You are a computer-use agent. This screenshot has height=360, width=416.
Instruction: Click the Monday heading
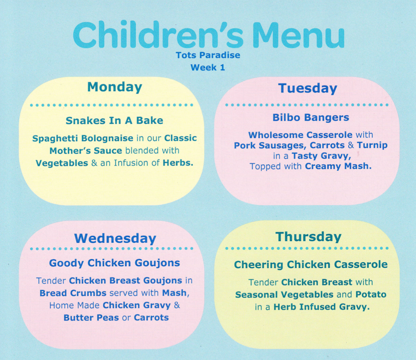tap(115, 87)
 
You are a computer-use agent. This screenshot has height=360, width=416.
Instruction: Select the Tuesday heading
tap(308, 88)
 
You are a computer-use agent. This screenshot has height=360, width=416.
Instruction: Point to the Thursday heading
tap(308, 237)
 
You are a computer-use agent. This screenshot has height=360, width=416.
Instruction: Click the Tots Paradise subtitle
tap(208, 55)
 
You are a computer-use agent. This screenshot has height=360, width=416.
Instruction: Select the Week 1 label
tap(208, 68)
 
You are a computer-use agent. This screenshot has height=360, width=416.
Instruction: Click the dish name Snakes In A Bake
tap(114, 121)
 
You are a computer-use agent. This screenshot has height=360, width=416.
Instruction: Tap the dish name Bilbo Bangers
tap(311, 117)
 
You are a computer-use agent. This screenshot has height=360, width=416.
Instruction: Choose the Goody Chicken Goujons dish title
tap(114, 263)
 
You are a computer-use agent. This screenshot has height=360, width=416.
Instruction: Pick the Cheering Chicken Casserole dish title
tap(311, 265)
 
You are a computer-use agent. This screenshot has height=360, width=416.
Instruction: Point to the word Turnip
tap(372, 145)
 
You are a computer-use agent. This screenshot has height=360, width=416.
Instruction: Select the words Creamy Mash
tap(338, 166)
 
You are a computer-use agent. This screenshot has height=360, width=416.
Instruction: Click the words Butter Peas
tap(91, 318)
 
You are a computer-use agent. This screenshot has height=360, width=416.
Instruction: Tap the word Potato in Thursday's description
tap(371, 294)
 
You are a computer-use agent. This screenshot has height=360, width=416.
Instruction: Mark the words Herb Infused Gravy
tap(322, 307)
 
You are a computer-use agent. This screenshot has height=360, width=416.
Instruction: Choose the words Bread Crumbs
tap(73, 293)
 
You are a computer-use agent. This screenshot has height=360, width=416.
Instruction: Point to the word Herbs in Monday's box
tap(178, 163)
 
